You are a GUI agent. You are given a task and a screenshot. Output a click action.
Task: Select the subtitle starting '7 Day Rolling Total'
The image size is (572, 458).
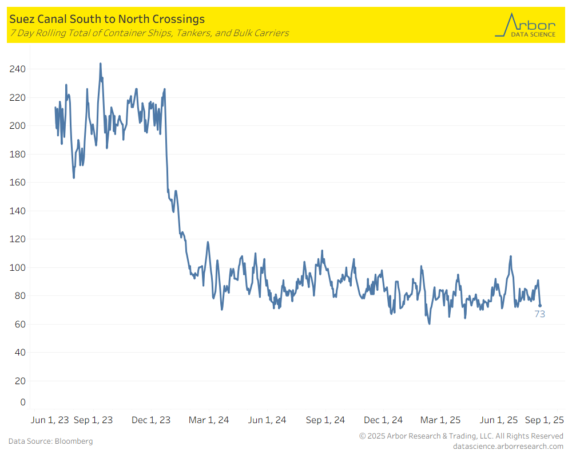pyautogui.click(x=149, y=33)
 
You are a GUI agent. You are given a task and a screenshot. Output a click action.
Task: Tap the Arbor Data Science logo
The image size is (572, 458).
pyautogui.click(x=525, y=26)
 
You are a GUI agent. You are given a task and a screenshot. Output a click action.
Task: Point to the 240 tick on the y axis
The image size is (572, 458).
pyautogui.click(x=18, y=69)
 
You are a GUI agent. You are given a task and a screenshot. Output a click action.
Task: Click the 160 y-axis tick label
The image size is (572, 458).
pyautogui.click(x=18, y=183)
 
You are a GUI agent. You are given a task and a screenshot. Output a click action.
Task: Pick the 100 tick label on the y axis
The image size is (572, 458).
pyautogui.click(x=18, y=267)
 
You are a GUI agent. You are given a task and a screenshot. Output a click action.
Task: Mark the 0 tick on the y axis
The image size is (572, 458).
pyautogui.click(x=23, y=402)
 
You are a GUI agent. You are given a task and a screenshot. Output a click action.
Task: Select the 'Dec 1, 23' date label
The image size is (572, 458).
pyautogui.click(x=151, y=420)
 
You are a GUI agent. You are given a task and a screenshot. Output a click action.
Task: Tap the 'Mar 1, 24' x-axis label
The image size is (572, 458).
pyautogui.click(x=209, y=420)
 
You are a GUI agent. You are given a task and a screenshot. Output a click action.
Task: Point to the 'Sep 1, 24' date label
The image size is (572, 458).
pyautogui.click(x=325, y=420)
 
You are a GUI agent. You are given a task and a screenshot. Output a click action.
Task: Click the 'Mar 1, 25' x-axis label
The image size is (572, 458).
pyautogui.click(x=440, y=420)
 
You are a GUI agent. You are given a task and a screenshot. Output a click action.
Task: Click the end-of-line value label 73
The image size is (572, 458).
pyautogui.click(x=539, y=314)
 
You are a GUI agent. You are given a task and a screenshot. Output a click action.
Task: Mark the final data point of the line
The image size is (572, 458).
pyautogui.click(x=539, y=306)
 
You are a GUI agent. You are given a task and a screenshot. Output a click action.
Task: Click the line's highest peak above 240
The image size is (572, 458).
pyautogui.click(x=101, y=64)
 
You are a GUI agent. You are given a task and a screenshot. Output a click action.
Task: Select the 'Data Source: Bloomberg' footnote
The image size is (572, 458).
pyautogui.click(x=50, y=441)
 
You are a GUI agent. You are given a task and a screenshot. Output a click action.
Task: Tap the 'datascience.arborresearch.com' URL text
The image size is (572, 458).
pyautogui.click(x=508, y=446)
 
